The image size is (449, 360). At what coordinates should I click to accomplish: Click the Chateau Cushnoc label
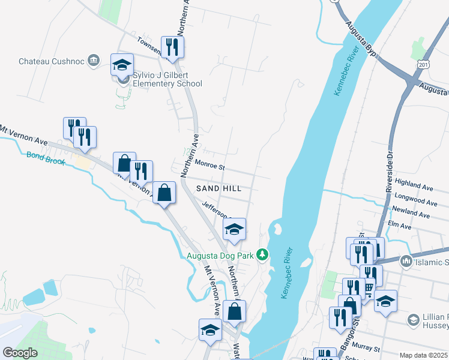point(52,61)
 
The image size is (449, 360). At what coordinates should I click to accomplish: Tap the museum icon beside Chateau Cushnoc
point(93,61)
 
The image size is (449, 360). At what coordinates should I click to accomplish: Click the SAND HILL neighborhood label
point(218,188)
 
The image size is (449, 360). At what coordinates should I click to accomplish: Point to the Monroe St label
point(209,163)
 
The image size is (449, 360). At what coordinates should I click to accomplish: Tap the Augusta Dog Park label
point(220,256)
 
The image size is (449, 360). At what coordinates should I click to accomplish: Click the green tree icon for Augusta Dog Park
point(262,256)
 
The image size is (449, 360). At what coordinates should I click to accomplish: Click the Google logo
point(20,352)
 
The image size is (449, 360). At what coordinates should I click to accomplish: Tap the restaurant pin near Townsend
point(172,47)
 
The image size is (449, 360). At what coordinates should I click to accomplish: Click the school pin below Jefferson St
point(235,229)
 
